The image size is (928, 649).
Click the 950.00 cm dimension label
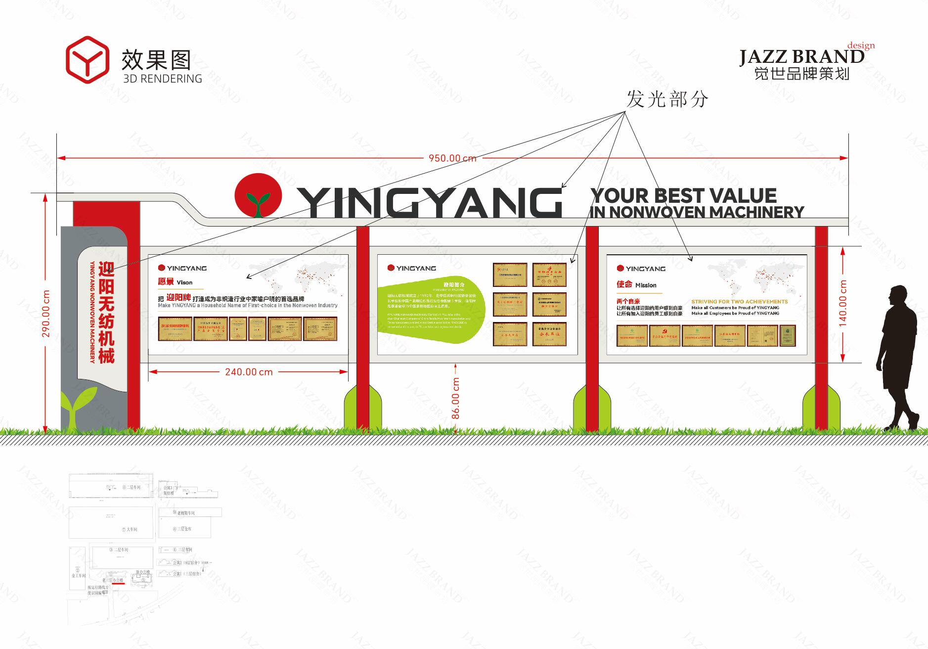coord(452,158)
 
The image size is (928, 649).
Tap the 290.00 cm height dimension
coord(46,314)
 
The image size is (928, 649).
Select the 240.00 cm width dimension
coord(249,372)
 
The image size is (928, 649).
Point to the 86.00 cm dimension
coord(455,399)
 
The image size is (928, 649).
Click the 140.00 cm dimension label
coord(842,303)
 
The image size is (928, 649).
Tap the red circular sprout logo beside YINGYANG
coord(258,195)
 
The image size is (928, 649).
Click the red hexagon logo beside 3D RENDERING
coord(87,59)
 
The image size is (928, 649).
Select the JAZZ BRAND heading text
coord(801,57)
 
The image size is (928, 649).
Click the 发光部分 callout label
coord(667,99)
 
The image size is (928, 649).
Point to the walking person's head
coord(897,296)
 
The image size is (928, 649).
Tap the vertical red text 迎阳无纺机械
coord(106,312)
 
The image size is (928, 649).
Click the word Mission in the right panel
coord(646,285)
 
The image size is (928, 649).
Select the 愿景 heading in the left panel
coord(166,282)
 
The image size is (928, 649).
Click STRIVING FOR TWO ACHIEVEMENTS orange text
coord(739,301)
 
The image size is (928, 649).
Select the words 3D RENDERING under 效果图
coord(162,79)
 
